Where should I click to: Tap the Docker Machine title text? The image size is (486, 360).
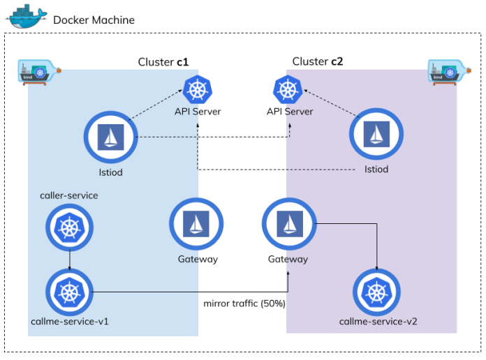pyautogui.click(x=94, y=20)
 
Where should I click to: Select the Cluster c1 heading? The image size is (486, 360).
pyautogui.click(x=163, y=62)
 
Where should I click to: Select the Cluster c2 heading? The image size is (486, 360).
pyautogui.click(x=318, y=61)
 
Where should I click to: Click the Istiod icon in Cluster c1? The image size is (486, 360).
pyautogui.click(x=110, y=136)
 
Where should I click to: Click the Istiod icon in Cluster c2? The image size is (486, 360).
pyautogui.click(x=376, y=136)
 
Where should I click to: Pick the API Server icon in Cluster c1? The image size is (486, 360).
pyautogui.click(x=198, y=89)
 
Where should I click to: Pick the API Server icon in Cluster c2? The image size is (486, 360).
pyautogui.click(x=286, y=89)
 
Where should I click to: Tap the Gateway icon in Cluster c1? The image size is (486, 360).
pyautogui.click(x=197, y=225)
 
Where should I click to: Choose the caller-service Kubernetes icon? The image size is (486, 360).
pyautogui.click(x=70, y=227)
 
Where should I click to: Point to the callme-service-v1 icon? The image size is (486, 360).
pyautogui.click(x=70, y=292)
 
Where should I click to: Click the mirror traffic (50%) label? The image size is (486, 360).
pyautogui.click(x=244, y=304)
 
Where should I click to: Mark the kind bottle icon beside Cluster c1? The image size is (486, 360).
pyautogui.click(x=39, y=71)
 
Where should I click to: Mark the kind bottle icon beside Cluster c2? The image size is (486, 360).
pyautogui.click(x=447, y=71)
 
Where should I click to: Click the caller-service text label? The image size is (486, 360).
pyautogui.click(x=69, y=196)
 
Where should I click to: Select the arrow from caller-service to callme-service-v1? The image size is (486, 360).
pyautogui.click(x=70, y=260)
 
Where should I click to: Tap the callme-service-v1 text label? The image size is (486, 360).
pyautogui.click(x=69, y=322)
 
